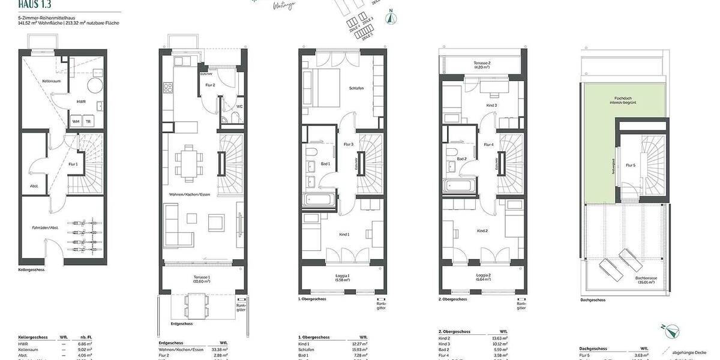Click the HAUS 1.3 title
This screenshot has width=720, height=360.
click(x=35, y=5)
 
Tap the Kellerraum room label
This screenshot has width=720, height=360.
click(x=50, y=80)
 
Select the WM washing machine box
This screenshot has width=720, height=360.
click(x=76, y=121)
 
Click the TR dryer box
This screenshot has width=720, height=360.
click(x=89, y=121)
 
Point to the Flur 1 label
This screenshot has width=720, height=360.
click(x=73, y=164)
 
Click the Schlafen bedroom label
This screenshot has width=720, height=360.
click(x=356, y=88)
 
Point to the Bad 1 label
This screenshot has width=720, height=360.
click(x=326, y=164)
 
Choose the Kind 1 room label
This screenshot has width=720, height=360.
click(x=344, y=234)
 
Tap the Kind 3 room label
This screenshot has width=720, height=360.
click(x=491, y=105)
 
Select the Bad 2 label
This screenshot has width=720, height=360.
click(x=461, y=158)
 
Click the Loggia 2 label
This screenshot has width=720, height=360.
click(x=482, y=278)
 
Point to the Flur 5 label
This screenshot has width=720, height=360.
click(x=630, y=165)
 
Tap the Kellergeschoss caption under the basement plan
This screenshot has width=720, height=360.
click(x=31, y=270)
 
